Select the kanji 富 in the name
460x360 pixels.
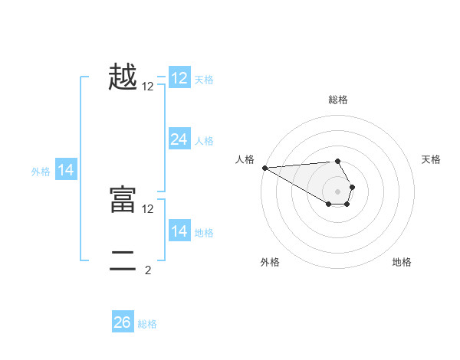click(x=123, y=200)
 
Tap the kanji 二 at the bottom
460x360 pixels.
click(x=123, y=260)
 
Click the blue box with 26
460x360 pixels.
click(x=123, y=322)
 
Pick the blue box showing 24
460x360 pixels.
click(x=179, y=139)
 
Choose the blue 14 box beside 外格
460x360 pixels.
click(x=66, y=170)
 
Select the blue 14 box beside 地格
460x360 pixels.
click(x=179, y=231)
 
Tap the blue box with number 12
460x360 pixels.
click(x=179, y=77)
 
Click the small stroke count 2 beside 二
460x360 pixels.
click(x=148, y=270)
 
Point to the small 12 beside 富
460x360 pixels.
click(x=148, y=208)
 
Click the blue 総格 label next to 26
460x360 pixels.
click(x=147, y=324)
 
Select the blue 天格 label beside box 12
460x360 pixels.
click(x=204, y=79)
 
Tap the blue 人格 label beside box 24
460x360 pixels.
click(x=204, y=141)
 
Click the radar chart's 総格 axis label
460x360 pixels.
click(x=337, y=100)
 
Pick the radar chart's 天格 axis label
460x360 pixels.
click(x=432, y=159)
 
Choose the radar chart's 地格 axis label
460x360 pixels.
click(x=402, y=262)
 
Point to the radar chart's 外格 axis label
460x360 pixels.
click(x=270, y=262)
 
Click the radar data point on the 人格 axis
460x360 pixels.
click(x=264, y=167)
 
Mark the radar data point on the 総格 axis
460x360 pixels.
click(x=337, y=161)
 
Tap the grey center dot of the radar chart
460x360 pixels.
click(x=337, y=191)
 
